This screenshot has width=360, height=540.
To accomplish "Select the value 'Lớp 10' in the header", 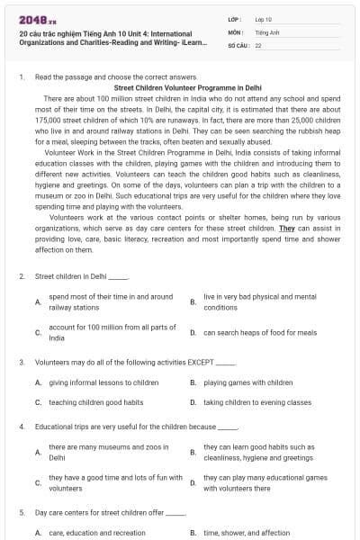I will (263, 19).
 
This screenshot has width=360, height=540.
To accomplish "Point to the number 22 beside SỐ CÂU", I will (258, 44).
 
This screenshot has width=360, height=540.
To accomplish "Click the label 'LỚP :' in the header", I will (235, 19).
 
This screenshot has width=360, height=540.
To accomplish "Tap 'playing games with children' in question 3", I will (247, 382).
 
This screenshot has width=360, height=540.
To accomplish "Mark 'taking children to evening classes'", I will (256, 402).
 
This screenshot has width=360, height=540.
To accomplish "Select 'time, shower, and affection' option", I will (247, 533).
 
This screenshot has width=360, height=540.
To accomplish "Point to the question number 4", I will (22, 426).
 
